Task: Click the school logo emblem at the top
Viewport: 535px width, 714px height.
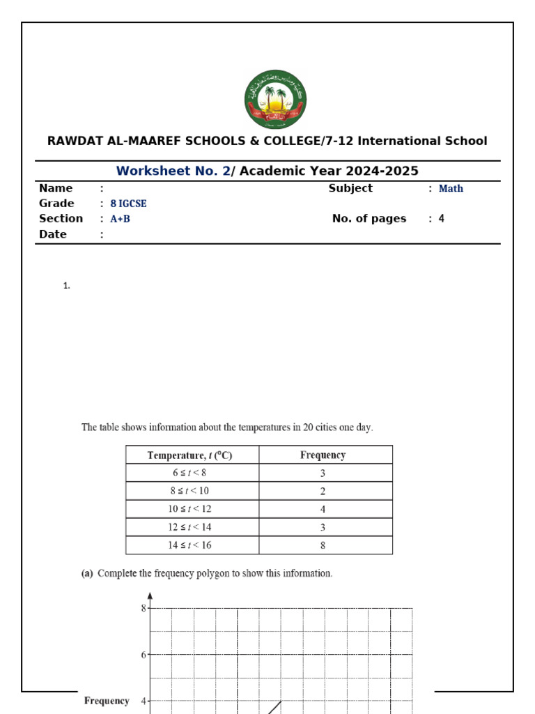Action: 275,99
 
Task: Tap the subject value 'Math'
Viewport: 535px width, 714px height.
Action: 451,188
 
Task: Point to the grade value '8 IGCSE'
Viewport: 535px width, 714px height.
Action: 128,204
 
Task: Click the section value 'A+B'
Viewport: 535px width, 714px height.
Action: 121,218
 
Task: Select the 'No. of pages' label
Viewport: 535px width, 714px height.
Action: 369,218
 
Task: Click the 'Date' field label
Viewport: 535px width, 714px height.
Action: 53,234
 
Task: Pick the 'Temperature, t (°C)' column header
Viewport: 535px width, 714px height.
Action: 189,455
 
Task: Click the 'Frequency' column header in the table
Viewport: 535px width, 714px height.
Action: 323,455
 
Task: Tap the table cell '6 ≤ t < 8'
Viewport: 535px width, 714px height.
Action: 190,473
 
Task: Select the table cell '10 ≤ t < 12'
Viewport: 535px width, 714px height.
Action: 189,509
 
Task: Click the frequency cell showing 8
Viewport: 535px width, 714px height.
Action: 323,545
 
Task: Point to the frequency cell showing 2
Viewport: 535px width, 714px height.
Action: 323,491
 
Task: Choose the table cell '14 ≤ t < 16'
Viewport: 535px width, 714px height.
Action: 189,545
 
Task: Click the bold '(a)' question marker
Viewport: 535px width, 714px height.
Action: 87,574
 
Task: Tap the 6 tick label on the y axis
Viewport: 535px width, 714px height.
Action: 144,655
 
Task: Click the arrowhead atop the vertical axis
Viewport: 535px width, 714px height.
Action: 150,596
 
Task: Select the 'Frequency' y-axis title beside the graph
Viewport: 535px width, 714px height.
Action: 107,701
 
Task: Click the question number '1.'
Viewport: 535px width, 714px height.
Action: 67,285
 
